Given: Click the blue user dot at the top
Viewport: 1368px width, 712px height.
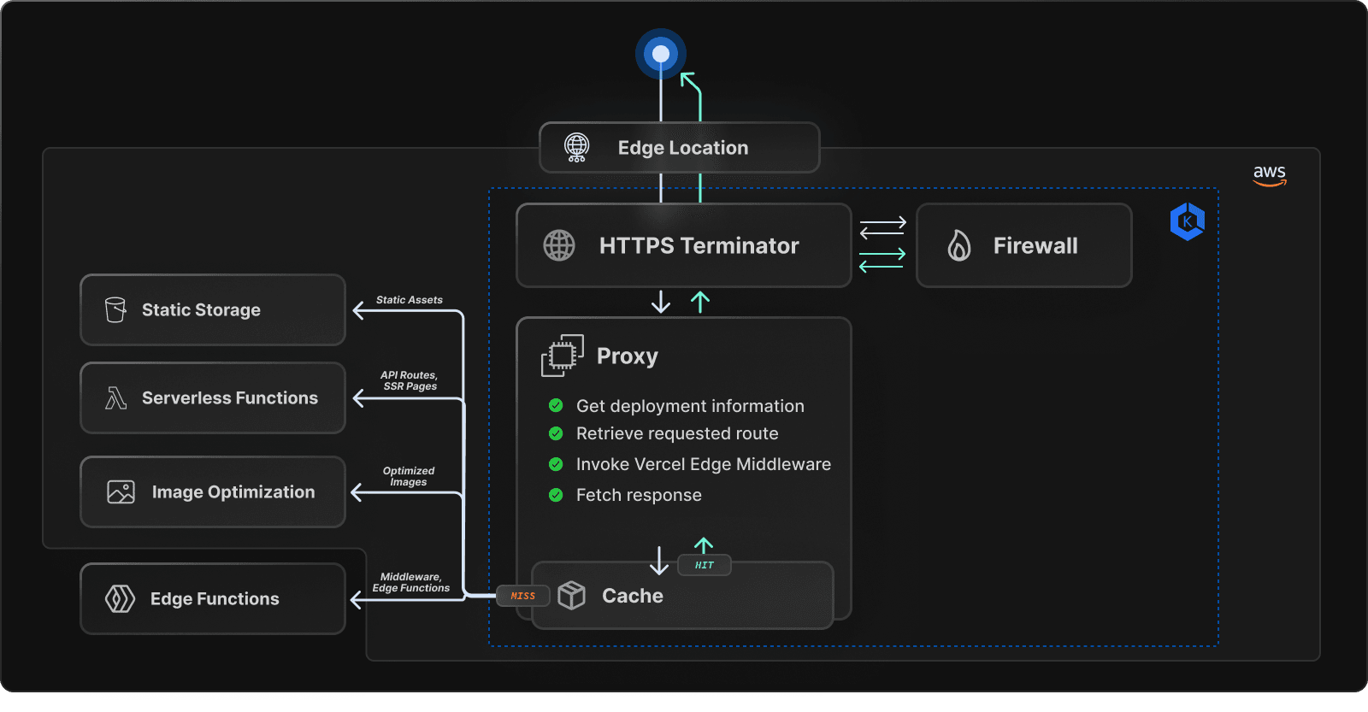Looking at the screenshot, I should (661, 55).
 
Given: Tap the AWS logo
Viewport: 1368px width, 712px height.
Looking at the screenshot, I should (1270, 175).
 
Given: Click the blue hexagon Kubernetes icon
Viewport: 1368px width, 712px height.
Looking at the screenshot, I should (1187, 221).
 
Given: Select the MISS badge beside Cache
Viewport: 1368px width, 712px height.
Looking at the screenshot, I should (523, 596).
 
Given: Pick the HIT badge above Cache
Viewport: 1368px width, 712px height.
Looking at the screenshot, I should (704, 565).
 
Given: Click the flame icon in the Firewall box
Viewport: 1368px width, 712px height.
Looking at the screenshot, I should (959, 246).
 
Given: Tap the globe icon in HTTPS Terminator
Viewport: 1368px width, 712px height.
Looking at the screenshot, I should (559, 245).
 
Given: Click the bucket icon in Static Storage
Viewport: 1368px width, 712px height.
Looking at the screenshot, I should (115, 309).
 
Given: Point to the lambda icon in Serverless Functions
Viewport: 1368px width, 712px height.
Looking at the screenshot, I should (115, 397).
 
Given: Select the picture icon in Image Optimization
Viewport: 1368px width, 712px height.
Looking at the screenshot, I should (121, 491).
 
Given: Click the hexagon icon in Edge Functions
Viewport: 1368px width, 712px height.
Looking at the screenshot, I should (120, 598).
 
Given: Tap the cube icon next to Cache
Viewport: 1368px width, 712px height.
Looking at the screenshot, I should (571, 595).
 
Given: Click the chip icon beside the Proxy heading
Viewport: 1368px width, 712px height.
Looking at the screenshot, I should (562, 356).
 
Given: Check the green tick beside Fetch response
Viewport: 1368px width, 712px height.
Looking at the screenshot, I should (556, 495).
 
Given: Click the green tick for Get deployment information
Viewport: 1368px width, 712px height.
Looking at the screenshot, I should (556, 405).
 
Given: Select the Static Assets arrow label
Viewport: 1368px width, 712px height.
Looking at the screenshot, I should (409, 300).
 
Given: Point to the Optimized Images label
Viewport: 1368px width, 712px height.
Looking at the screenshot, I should (409, 476).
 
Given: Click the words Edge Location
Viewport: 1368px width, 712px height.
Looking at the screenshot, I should (682, 148).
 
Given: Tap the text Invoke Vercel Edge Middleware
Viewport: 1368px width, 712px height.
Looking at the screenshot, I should (703, 464).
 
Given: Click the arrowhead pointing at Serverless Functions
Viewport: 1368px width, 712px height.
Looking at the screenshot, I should (358, 398).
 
